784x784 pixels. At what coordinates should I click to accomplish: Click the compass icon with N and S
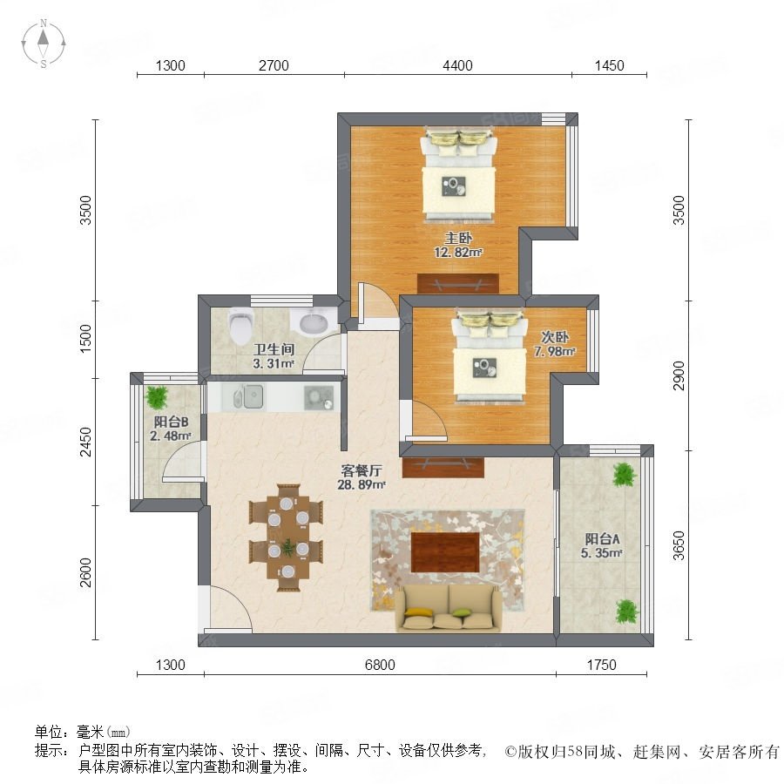tap(44, 44)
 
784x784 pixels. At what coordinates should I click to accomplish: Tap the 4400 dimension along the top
tap(457, 65)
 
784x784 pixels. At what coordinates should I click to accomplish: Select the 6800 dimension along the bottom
tap(380, 665)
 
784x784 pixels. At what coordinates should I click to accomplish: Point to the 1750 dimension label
tap(601, 665)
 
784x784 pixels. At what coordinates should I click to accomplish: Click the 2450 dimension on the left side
tap(86, 442)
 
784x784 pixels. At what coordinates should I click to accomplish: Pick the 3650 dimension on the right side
tap(679, 545)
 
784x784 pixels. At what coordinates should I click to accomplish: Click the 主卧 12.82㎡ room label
tap(458, 245)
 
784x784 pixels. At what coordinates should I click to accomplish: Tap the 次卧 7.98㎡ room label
tap(555, 344)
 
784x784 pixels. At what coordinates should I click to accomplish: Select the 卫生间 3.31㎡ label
tap(274, 356)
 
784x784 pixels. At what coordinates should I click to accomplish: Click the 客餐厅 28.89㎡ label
tap(362, 477)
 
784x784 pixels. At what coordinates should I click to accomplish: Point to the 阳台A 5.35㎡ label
tap(602, 545)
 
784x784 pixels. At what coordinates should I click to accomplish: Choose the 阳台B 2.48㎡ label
tap(171, 429)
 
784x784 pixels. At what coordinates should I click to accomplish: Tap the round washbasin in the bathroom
tap(314, 321)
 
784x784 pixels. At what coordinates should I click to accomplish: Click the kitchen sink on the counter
tap(249, 397)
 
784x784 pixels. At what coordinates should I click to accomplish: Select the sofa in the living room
tap(449, 609)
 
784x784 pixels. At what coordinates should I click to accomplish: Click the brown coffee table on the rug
tap(445, 552)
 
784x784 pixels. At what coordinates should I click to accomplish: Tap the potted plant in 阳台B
tap(158, 396)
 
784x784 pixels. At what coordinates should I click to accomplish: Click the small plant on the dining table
tap(287, 548)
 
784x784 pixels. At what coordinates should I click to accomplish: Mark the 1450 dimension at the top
tap(609, 65)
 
